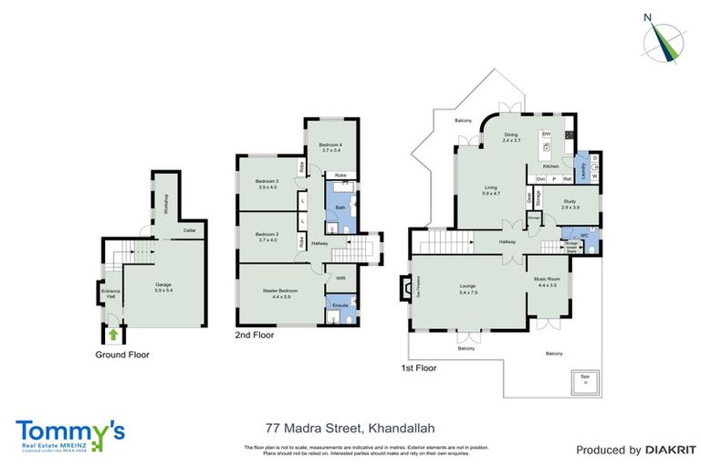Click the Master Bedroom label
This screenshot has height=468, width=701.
coord(281,293)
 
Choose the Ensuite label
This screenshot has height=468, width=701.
coord(340,303)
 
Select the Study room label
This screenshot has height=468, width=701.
coord(570,205)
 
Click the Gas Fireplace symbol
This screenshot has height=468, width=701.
coord(405,290)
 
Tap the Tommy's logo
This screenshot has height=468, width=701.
coord(70,432)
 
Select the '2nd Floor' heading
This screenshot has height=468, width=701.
coord(256,335)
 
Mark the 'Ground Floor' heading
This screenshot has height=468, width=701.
coord(122,354)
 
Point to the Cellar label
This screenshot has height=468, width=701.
coord(189,230)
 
